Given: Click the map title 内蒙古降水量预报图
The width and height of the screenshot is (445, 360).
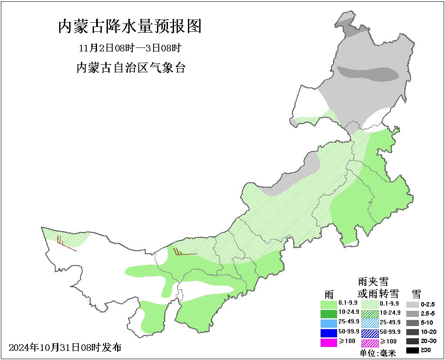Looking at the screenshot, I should [130, 27].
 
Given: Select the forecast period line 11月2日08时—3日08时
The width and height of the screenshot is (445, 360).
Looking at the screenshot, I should [130, 47].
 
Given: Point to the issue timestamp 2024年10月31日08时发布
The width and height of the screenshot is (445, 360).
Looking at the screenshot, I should [65, 347].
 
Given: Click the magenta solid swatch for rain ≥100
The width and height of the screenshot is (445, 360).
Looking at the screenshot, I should [328, 343].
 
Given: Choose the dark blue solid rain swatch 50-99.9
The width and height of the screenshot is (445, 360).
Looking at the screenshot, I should [328, 333].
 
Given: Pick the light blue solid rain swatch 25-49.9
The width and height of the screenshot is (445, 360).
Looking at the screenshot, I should [328, 323].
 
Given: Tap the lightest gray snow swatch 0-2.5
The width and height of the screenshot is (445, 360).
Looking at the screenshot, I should [412, 304].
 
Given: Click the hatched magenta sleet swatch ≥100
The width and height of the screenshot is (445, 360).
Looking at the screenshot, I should [370, 343].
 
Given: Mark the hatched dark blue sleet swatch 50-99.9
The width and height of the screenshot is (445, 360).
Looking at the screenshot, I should [370, 333].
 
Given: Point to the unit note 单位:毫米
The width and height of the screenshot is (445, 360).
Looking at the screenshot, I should [378, 353].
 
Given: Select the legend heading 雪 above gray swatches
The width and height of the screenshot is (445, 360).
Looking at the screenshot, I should [416, 293].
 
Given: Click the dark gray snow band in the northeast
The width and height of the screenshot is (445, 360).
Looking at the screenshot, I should [368, 74].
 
